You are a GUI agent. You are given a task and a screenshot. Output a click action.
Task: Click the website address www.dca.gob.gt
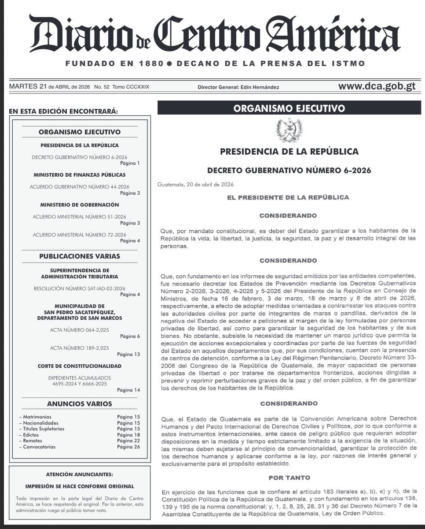click(x=377, y=86)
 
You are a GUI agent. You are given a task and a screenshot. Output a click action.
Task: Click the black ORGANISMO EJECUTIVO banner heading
click(x=289, y=108)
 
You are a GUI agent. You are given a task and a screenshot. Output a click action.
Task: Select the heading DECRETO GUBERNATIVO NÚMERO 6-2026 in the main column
click(x=289, y=170)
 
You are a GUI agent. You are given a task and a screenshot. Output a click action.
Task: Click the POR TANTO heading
click(x=289, y=477)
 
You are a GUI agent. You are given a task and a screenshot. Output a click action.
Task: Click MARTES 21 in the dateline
click(x=28, y=87)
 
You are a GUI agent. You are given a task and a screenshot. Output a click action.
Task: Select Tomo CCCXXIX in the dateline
click(x=131, y=87)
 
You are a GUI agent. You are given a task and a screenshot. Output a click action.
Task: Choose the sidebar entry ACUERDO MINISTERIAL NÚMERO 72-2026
click(x=80, y=235)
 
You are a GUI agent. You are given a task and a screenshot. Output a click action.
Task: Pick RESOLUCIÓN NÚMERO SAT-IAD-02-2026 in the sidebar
click(x=80, y=289)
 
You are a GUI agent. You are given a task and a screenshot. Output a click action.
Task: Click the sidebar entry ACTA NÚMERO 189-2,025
click(x=80, y=348)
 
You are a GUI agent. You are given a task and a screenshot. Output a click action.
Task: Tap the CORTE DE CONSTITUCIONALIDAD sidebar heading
click(x=80, y=366)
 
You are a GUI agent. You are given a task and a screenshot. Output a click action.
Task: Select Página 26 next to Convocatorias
click(x=128, y=447)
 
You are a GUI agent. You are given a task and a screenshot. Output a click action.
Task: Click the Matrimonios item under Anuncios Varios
click(x=37, y=416)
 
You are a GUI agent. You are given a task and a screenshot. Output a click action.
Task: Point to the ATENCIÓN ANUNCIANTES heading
click(x=80, y=474)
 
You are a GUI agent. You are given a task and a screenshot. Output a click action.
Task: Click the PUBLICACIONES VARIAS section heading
click(x=80, y=256)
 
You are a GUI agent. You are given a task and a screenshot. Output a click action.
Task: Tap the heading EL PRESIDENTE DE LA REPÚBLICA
click(x=288, y=198)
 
